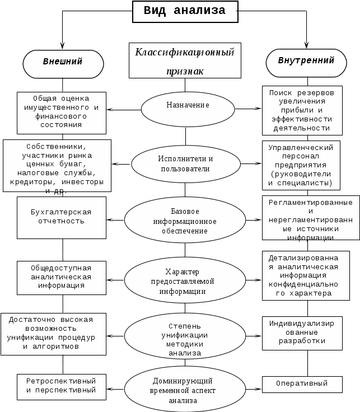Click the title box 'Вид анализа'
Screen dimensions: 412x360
pyautogui.click(x=184, y=11)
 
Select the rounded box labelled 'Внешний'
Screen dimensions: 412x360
pyautogui.click(x=63, y=62)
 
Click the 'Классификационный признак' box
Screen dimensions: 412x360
pyautogui.click(x=184, y=60)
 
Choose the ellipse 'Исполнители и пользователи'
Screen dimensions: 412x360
pyautogui.click(x=185, y=163)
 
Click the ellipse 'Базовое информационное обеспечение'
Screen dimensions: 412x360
pyautogui.click(x=185, y=221)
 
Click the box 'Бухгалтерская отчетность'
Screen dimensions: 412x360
pyautogui.click(x=62, y=217)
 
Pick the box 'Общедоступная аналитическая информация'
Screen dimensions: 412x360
pyautogui.click(x=62, y=277)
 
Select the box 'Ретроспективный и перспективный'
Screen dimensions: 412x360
pyautogui.click(x=62, y=385)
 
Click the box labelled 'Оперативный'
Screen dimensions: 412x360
pyautogui.click(x=302, y=385)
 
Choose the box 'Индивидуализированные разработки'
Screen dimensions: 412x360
pyautogui.click(x=302, y=332)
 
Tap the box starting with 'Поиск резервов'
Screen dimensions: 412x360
pyautogui.click(x=302, y=110)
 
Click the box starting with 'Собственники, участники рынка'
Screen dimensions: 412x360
pyautogui.click(x=58, y=166)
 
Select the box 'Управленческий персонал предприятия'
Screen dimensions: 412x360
pyautogui.click(x=302, y=165)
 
